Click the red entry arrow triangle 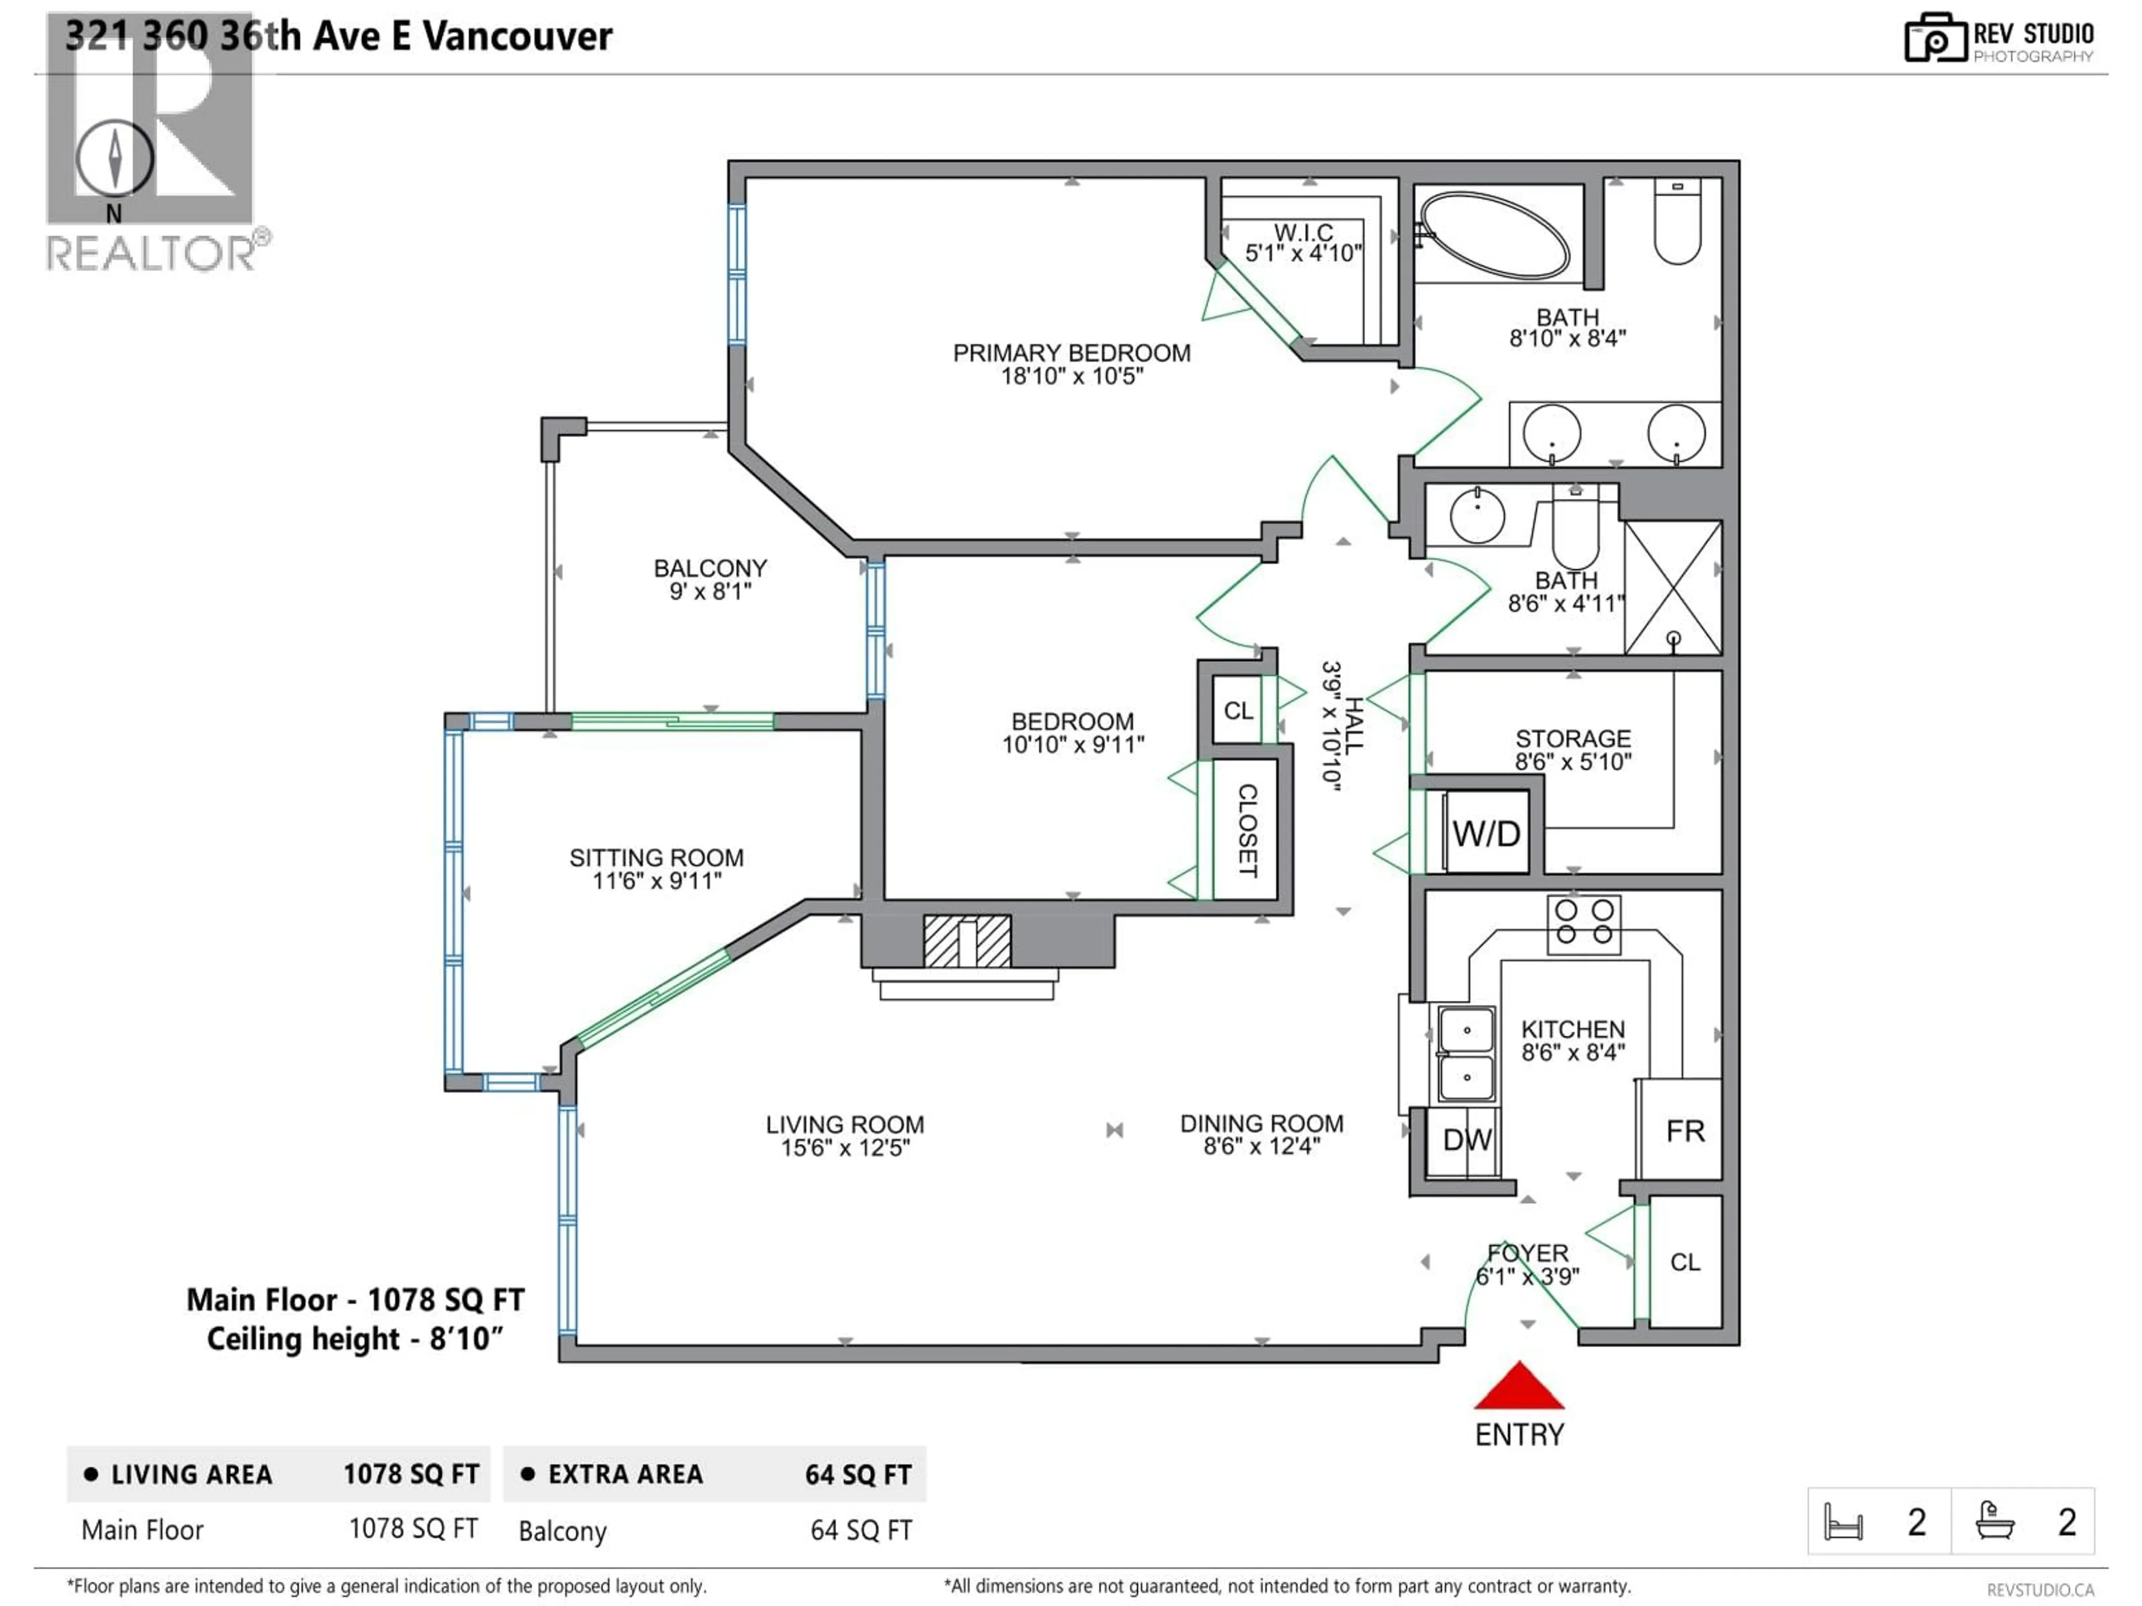tap(1518, 1388)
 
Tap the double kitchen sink tap(1466, 1053)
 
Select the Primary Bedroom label tap(1071, 354)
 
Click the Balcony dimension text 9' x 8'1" tap(710, 592)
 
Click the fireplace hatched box tap(967, 941)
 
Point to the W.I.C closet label tap(1304, 233)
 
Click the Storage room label tap(1572, 739)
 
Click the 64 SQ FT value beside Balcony tap(861, 1531)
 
